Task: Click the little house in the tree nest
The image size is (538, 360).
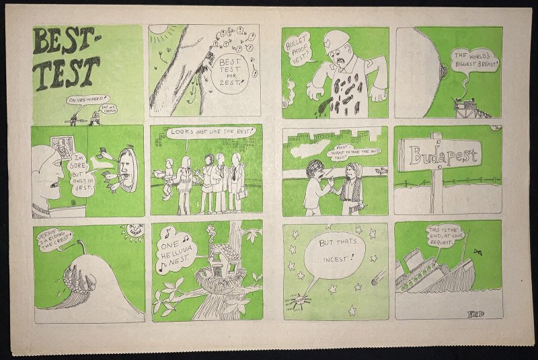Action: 208,263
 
